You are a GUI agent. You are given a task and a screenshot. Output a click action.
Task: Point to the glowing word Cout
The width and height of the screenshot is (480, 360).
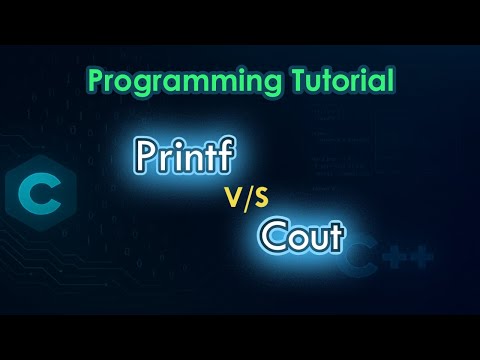coord(301,237)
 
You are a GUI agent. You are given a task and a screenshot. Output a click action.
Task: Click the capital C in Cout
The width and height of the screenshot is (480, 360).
coord(273,237)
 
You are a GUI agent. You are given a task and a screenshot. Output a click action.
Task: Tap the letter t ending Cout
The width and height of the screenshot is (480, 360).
coord(335,237)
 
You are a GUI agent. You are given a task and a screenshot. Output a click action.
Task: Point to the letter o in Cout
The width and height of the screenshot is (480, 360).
coord(296,240)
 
